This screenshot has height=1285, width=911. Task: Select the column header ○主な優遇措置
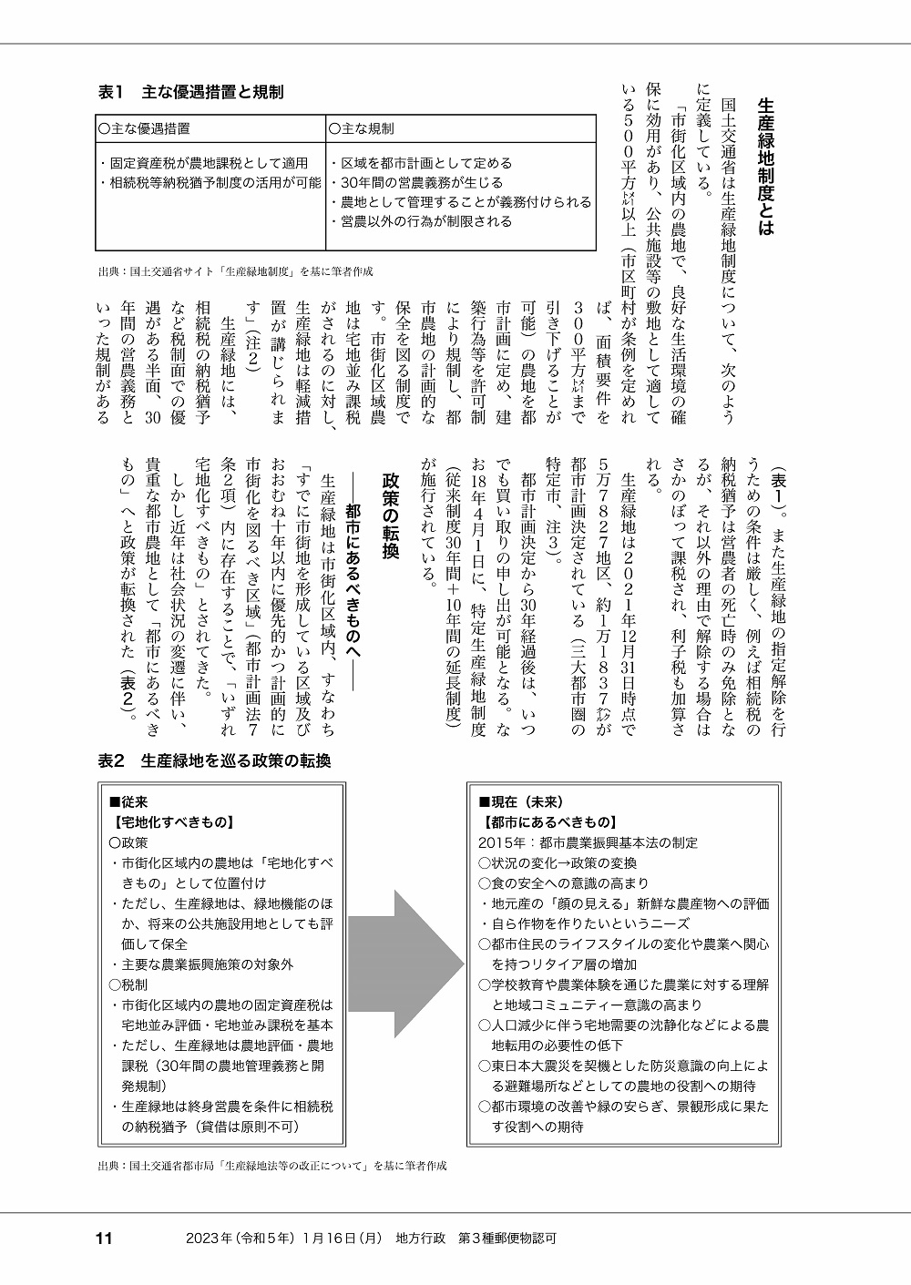[150, 128]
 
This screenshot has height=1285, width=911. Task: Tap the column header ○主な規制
[362, 128]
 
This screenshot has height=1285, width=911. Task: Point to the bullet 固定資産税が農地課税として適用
[204, 163]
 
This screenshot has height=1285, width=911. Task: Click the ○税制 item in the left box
[128, 984]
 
